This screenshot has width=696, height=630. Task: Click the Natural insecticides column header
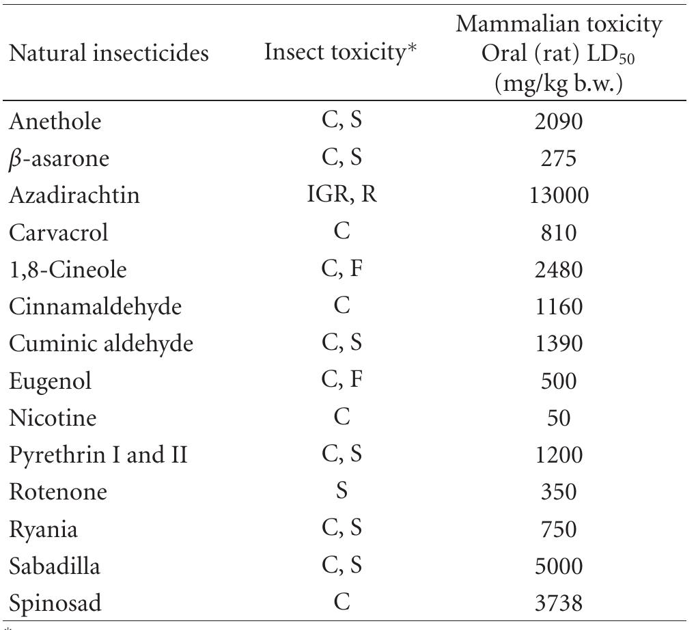pyautogui.click(x=109, y=53)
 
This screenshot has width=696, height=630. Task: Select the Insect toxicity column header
pyautogui.click(x=341, y=53)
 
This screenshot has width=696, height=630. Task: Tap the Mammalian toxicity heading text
pyautogui.click(x=559, y=25)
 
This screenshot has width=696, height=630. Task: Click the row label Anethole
pyautogui.click(x=55, y=121)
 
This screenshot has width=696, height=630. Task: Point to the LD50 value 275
pyautogui.click(x=558, y=159)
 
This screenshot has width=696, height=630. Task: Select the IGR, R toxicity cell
pyautogui.click(x=342, y=195)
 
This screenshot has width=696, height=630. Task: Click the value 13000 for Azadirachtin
pyautogui.click(x=558, y=195)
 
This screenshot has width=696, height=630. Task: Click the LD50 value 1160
pyautogui.click(x=558, y=306)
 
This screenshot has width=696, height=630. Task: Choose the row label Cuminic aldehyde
pyautogui.click(x=100, y=343)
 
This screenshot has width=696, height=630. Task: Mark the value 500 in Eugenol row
pyautogui.click(x=558, y=380)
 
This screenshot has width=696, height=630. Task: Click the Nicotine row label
pyautogui.click(x=53, y=417)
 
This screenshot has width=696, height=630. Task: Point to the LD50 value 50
pyautogui.click(x=558, y=417)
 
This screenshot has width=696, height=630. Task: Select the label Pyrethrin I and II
pyautogui.click(x=98, y=454)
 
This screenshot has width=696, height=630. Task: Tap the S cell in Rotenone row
pyautogui.click(x=342, y=491)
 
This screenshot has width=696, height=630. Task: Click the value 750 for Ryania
pyautogui.click(x=558, y=529)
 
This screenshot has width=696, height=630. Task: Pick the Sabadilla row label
pyautogui.click(x=55, y=565)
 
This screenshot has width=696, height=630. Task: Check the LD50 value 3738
pyautogui.click(x=558, y=603)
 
